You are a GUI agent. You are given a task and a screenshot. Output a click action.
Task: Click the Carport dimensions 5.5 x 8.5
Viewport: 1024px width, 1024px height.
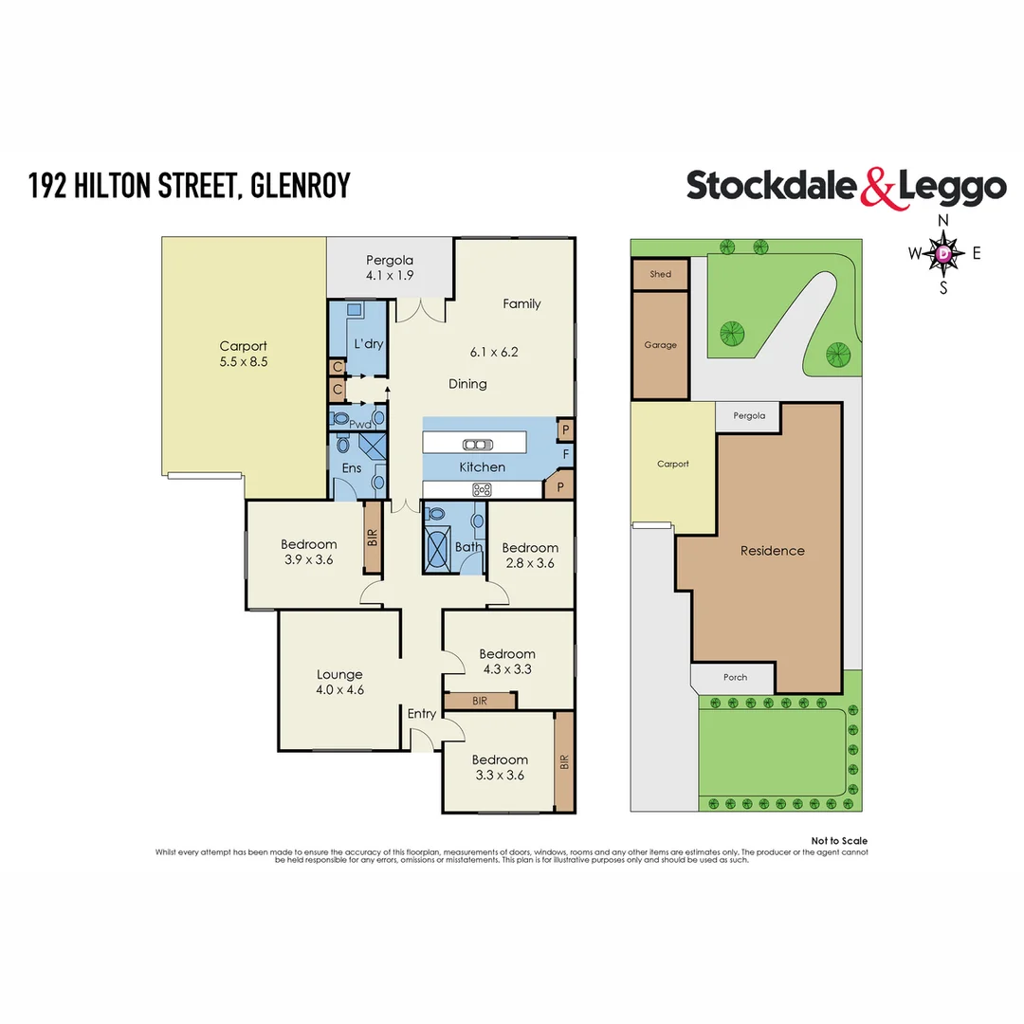(243, 361)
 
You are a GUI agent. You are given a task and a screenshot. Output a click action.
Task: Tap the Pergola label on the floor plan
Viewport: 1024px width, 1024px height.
(390, 261)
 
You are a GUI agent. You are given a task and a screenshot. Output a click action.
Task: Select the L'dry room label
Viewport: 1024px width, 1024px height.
(368, 343)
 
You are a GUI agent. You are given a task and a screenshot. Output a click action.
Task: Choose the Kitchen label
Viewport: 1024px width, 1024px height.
(482, 466)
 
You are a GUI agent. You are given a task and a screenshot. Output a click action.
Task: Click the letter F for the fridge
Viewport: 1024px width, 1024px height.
(565, 454)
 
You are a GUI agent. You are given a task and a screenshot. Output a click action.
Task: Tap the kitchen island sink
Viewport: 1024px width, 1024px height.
(474, 444)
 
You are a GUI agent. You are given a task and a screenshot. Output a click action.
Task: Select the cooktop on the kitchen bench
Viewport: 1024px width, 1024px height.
(483, 489)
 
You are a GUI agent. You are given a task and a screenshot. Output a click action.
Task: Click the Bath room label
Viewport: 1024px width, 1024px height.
(468, 547)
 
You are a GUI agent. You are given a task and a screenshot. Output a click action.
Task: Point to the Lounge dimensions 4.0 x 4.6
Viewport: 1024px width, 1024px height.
(339, 690)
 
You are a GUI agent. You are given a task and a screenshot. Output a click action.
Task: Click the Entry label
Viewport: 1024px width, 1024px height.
(422, 714)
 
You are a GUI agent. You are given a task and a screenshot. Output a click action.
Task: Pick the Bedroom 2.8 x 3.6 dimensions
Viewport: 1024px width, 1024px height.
(529, 563)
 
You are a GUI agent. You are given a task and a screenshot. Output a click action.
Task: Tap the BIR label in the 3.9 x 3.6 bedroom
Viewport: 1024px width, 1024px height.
(373, 539)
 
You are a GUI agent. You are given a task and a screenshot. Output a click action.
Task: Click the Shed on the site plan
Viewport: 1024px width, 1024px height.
(660, 274)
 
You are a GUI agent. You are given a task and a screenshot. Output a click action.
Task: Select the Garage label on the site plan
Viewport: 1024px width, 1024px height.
(660, 345)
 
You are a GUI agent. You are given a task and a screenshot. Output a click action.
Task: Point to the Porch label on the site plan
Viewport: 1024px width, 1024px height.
(735, 677)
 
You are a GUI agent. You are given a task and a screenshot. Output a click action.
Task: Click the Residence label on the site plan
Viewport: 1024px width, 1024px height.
(772, 551)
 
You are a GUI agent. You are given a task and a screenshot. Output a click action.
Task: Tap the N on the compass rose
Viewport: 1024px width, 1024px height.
(942, 220)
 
